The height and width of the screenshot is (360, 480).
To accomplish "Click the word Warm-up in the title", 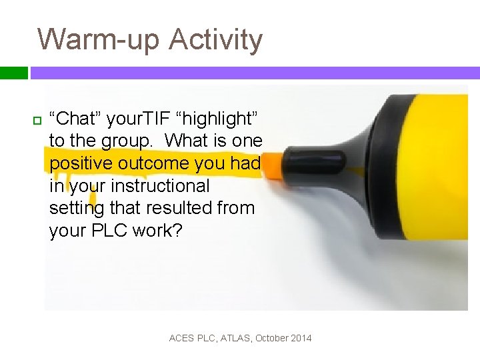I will pyautogui.click(x=99, y=39).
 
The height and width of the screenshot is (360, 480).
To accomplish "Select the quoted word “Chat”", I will pyautogui.click(x=78, y=119).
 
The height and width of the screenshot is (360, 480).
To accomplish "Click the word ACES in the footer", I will pyautogui.click(x=182, y=338).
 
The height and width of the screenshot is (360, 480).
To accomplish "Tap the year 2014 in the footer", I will pyautogui.click(x=301, y=338).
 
